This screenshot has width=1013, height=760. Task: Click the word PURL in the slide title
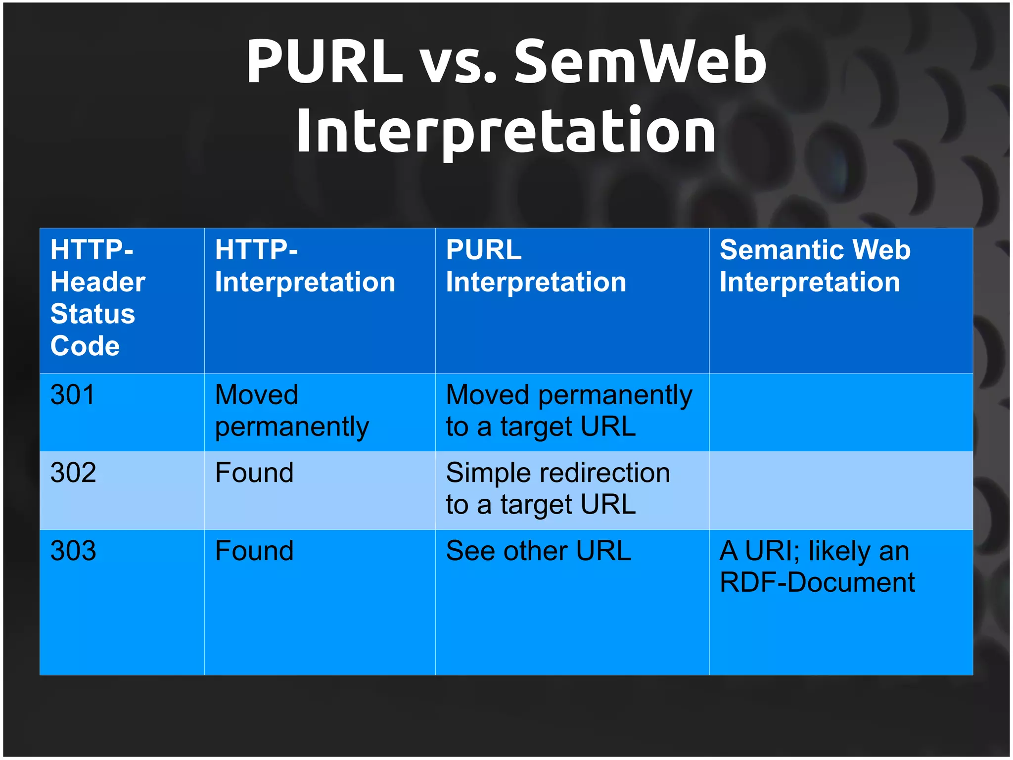click(324, 62)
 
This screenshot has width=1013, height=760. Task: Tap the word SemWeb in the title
click(640, 62)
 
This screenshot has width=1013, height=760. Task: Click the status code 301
click(73, 395)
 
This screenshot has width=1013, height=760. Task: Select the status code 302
click(73, 473)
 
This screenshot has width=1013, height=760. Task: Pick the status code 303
click(73, 551)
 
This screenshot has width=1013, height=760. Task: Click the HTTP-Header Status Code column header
click(98, 298)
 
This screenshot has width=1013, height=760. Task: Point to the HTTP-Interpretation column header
click(305, 266)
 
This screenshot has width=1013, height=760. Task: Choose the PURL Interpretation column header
click(536, 266)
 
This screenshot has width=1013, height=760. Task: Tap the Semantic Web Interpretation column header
click(815, 266)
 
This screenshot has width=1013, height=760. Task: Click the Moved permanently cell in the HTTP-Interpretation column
click(292, 411)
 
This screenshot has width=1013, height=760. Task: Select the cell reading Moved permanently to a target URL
click(569, 411)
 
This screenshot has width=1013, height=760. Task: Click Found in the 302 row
click(254, 473)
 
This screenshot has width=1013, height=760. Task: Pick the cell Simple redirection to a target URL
click(558, 489)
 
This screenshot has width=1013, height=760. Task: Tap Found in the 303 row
click(254, 551)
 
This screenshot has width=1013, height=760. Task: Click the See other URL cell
click(538, 551)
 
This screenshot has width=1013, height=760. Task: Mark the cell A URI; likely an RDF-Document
click(817, 567)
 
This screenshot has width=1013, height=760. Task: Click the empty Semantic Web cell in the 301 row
click(841, 412)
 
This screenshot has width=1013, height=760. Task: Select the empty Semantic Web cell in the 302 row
click(841, 490)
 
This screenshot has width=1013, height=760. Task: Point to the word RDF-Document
click(817, 582)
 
